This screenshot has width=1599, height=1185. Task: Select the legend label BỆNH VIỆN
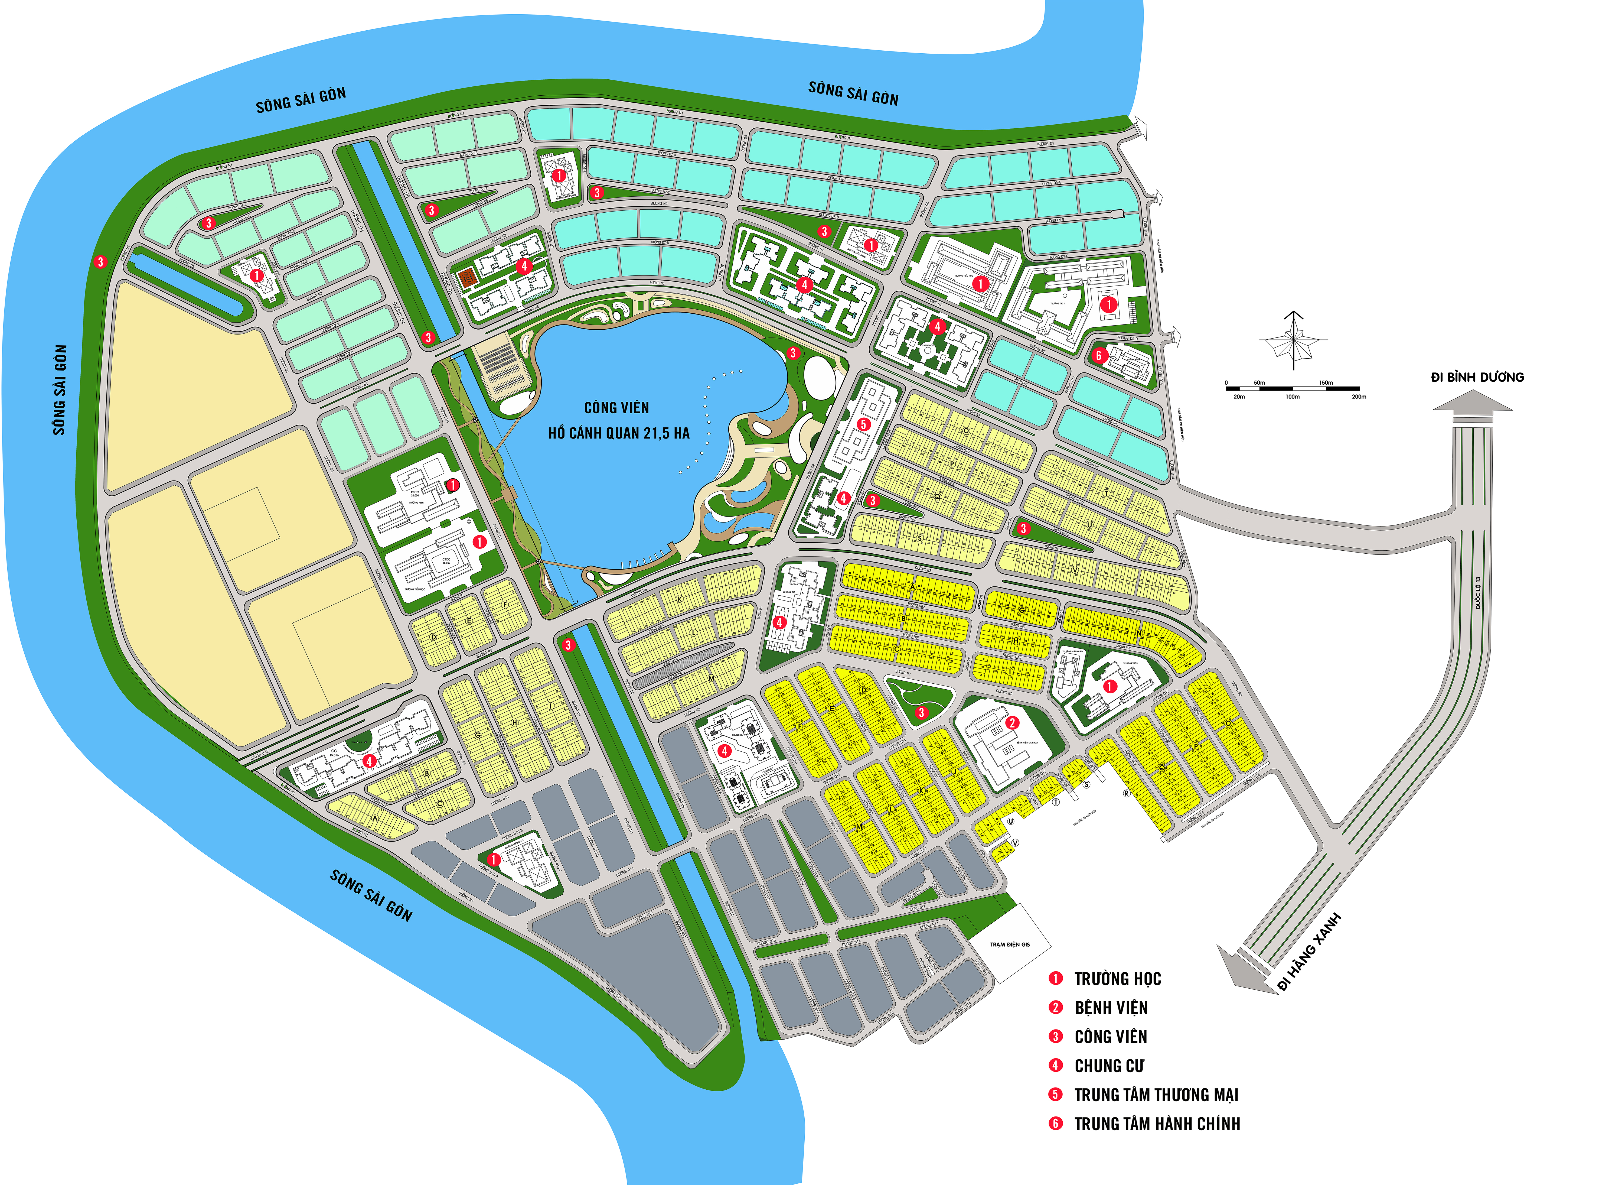point(1111,1008)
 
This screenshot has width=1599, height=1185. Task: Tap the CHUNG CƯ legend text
point(1108,1066)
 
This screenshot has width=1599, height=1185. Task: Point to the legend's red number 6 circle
point(1055,1123)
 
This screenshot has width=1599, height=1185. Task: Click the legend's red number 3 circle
point(1055,1037)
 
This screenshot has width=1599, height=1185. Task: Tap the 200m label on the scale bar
point(1358,397)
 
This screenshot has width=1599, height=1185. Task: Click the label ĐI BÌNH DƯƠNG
point(1477,377)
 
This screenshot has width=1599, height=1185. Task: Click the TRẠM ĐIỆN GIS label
point(1010,945)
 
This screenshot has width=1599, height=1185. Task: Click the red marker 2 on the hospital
point(1012,722)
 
